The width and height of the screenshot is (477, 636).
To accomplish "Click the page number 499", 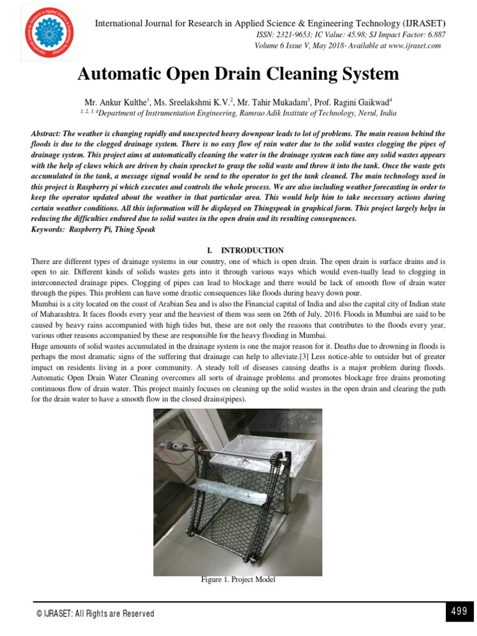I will [x=458, y=612].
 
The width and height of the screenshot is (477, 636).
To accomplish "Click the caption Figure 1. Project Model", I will [x=238, y=579].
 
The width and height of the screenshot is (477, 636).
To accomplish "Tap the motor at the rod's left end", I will [x=170, y=447].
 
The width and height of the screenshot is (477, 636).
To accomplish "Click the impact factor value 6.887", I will [x=434, y=35].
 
